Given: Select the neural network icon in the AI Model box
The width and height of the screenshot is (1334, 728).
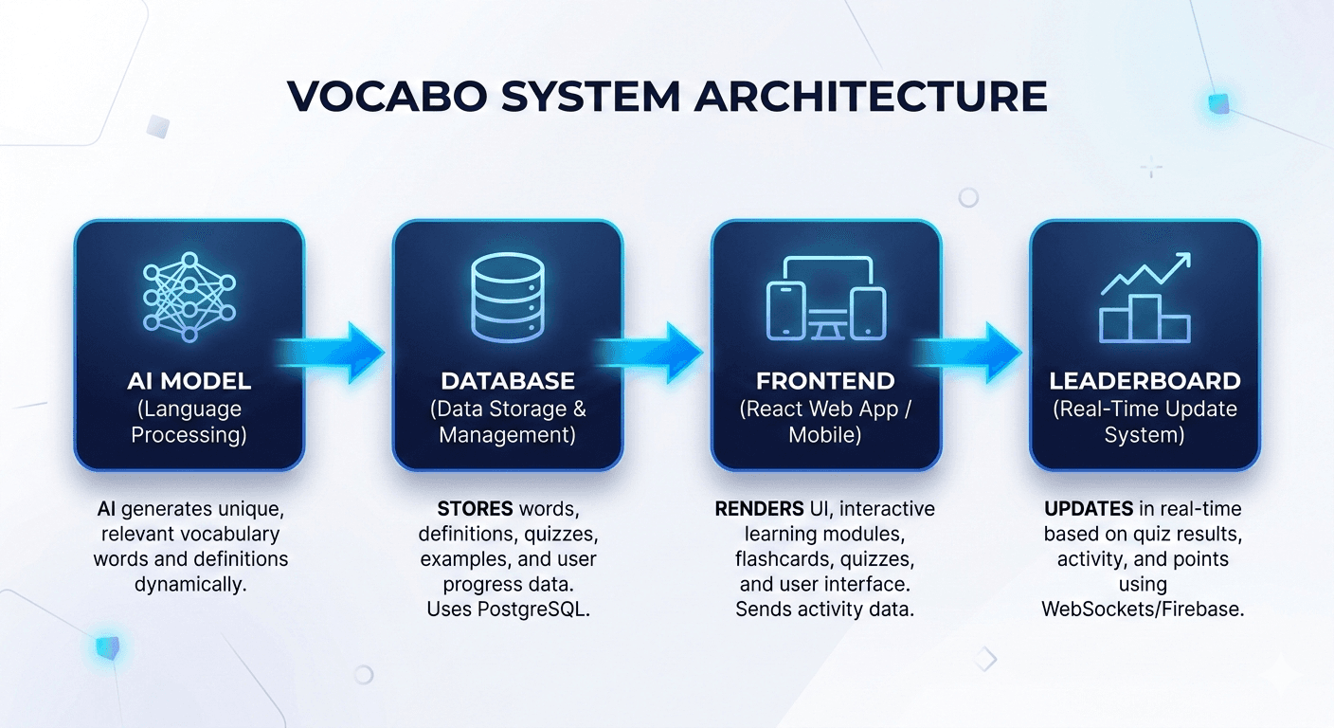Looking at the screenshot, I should (189, 297).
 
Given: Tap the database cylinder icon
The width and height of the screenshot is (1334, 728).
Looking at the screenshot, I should (508, 297).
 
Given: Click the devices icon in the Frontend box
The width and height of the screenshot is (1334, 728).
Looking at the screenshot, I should (826, 299).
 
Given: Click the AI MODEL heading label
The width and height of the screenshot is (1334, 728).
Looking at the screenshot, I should (189, 381).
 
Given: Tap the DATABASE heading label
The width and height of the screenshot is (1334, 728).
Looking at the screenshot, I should (508, 381).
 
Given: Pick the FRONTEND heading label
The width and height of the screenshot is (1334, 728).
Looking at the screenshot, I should (825, 381).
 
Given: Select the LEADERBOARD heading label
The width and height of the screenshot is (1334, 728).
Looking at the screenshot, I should (1145, 381).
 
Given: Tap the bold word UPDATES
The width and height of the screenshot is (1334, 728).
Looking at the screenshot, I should (1086, 509).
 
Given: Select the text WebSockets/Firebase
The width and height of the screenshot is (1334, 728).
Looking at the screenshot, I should (1143, 610).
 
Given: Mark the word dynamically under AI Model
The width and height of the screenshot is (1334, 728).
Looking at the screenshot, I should (189, 584).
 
